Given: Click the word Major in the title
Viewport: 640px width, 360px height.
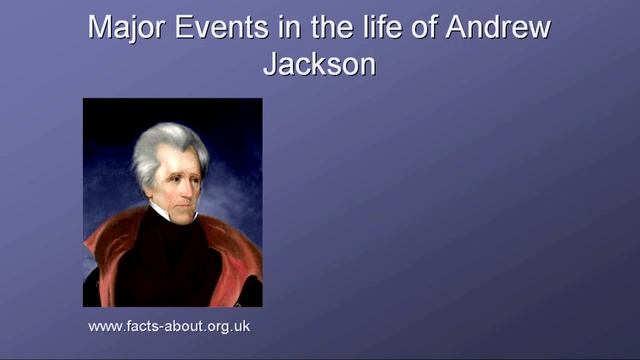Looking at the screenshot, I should pos(122,27).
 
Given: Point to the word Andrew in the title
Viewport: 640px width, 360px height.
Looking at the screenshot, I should pos(496,27).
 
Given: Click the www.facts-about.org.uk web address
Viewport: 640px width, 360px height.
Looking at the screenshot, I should pos(168,326).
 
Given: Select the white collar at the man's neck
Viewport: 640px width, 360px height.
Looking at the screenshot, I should pos(165,213).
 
